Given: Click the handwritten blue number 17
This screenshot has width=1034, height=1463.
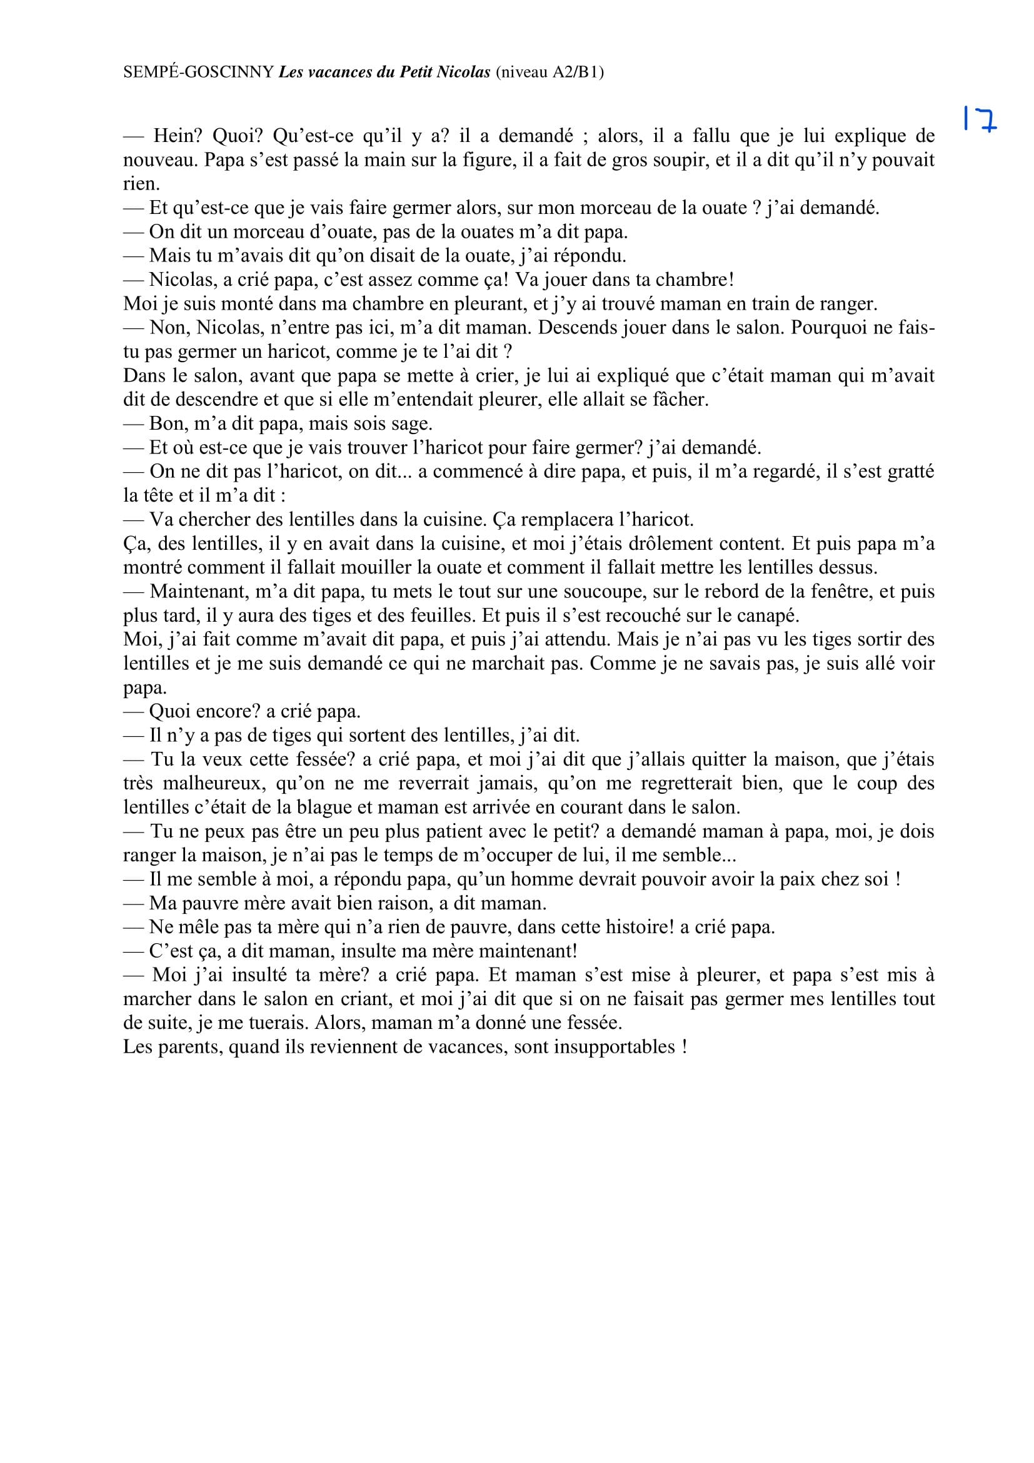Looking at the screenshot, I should [x=979, y=119].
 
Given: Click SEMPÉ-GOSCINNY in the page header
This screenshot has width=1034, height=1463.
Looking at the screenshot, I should [x=199, y=72].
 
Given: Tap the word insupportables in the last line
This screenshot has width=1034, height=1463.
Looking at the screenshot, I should [x=614, y=1048].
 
